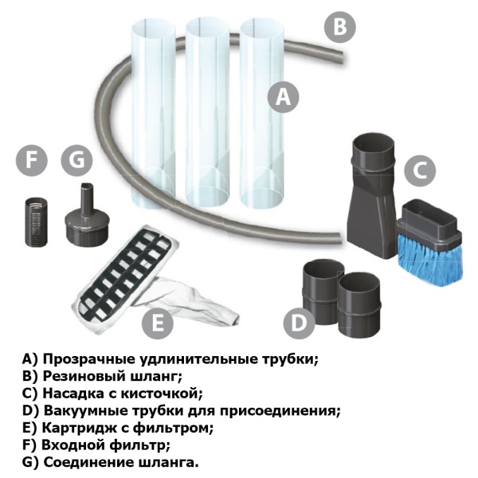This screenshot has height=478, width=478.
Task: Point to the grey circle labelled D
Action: (299, 323)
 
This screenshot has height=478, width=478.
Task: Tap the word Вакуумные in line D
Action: (82, 411)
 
